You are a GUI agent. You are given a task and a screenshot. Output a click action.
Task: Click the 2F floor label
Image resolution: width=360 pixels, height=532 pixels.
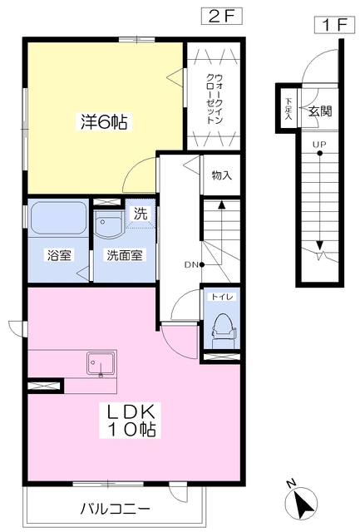click(x=222, y=17)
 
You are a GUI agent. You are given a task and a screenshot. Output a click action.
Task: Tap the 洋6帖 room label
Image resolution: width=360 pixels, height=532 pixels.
click(x=104, y=122)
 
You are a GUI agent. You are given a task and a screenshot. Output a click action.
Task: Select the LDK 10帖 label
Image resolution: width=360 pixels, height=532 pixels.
click(x=131, y=420)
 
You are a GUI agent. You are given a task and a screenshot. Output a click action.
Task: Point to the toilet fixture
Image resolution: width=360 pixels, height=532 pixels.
click(x=222, y=331)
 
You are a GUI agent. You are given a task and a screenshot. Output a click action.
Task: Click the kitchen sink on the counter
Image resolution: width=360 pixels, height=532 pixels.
click(x=101, y=364)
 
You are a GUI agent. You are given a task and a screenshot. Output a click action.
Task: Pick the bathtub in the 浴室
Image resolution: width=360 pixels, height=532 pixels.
click(x=58, y=218)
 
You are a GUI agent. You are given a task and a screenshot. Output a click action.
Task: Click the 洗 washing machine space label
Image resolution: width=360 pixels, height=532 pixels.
click(x=141, y=214)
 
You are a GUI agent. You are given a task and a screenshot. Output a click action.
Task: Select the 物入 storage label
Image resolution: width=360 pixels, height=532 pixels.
click(x=222, y=175)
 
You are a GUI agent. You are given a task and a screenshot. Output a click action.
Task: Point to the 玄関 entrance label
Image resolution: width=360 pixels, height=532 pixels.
click(x=319, y=111)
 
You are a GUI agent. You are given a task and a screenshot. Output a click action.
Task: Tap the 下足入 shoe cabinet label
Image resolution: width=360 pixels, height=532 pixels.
click(x=288, y=109)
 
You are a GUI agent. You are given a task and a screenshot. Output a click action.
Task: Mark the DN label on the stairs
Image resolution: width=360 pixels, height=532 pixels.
click(x=191, y=264)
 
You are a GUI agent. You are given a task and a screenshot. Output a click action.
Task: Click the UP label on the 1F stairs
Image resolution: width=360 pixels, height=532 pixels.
click(x=319, y=145)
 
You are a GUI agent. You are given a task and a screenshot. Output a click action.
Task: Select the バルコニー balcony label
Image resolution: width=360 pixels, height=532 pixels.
click(x=115, y=509)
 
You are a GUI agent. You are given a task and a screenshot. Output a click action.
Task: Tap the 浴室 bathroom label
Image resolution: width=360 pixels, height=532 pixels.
click(x=59, y=255)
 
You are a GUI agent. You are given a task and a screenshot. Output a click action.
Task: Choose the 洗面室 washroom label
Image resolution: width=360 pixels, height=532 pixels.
click(x=125, y=255)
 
